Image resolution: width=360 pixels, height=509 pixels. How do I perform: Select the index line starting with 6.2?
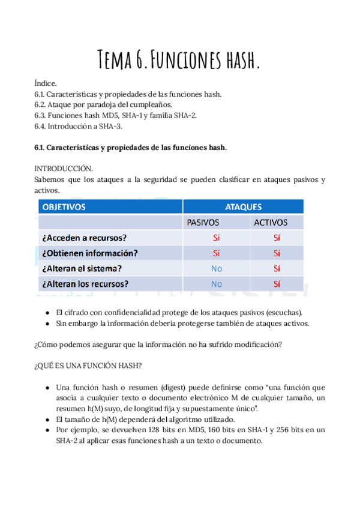coord(103,104)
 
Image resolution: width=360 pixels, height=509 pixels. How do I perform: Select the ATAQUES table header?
coord(243,207)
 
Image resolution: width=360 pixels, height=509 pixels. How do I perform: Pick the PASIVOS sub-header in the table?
coord(203,223)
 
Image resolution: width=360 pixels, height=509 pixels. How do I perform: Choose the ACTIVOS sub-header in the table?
coord(271,223)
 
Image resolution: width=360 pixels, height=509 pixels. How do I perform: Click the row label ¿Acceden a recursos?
coord(88,238)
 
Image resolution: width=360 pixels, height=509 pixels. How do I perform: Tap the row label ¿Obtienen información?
coord(90,253)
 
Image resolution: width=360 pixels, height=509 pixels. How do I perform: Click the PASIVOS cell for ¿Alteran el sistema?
coord(216,268)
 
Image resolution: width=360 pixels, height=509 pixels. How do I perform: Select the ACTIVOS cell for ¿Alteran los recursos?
coord(277,284)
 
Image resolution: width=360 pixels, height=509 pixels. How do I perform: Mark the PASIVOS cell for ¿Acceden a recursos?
coord(216,238)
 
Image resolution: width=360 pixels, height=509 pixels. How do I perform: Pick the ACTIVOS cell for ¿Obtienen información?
coord(277,253)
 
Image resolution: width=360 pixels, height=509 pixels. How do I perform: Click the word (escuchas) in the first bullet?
coord(284,313)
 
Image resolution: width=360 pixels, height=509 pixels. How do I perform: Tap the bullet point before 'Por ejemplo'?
coord(47,430)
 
